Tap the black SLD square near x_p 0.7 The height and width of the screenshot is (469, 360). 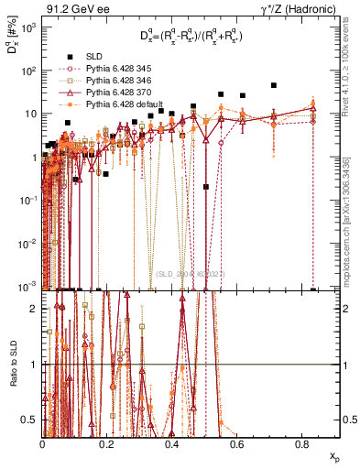[274, 85]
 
